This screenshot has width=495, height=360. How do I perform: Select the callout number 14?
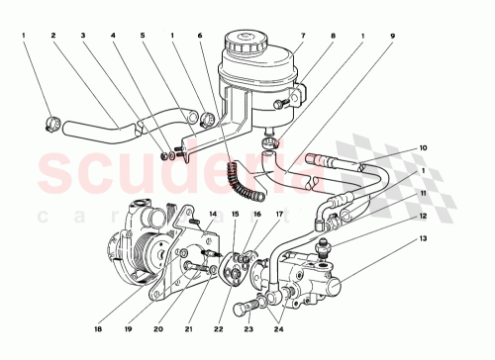click(x=212, y=213)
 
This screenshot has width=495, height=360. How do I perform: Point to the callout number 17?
click(x=279, y=213)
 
